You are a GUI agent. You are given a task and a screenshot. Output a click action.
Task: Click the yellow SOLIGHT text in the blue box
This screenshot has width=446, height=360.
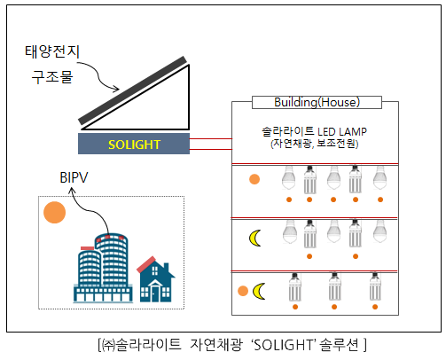(134, 145)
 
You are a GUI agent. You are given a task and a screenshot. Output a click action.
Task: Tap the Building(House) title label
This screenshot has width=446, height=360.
(317, 102)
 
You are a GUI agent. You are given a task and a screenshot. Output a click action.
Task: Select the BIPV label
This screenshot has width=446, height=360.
(74, 177)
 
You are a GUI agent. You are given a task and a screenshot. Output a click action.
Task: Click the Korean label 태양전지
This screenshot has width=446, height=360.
(52, 51)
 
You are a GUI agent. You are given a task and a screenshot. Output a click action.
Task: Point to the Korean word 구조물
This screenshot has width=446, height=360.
(52, 77)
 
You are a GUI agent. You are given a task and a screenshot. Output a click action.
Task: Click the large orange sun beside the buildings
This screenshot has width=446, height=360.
(54, 212)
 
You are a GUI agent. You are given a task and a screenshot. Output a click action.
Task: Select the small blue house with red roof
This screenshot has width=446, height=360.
(156, 279)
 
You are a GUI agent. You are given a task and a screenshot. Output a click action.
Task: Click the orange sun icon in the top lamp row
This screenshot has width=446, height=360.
(254, 179)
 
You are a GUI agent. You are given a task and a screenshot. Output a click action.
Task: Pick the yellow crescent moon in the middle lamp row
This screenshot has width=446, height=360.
(254, 238)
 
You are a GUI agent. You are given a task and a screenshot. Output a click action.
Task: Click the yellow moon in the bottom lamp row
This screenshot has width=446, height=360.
(259, 291)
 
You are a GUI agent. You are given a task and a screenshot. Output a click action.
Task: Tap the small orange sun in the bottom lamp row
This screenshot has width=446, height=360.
(243, 291)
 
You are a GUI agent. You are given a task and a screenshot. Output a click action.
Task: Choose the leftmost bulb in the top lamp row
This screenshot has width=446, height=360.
(289, 177)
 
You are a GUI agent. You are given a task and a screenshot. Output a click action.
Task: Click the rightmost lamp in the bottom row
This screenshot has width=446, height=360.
(375, 286)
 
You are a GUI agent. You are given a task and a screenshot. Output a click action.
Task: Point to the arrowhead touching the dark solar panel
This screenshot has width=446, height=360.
(116, 89)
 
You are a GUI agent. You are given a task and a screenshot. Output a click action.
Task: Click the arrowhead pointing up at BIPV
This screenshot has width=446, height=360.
(72, 192)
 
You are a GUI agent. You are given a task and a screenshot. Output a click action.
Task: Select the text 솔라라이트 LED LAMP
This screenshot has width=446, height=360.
(314, 131)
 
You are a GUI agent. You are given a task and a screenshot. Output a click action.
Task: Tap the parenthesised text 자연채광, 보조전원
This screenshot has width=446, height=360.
(314, 144)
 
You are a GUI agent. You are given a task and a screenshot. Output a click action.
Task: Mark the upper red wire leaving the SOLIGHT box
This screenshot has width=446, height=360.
(211, 138)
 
